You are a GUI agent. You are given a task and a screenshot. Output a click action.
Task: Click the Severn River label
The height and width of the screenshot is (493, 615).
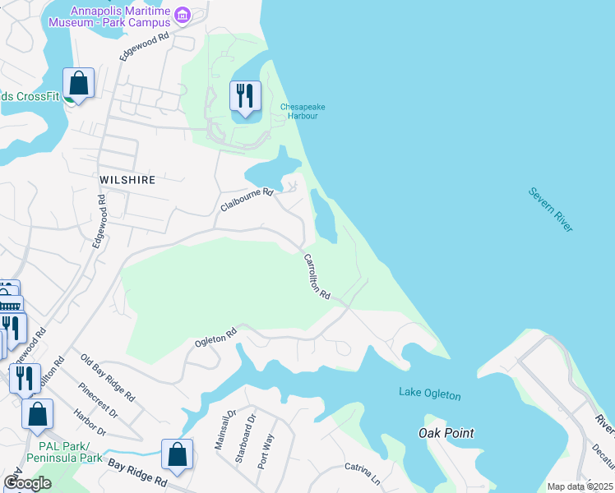pyautogui.click(x=551, y=210)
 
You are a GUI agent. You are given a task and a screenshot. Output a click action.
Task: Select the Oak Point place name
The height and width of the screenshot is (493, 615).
pyautogui.click(x=446, y=432)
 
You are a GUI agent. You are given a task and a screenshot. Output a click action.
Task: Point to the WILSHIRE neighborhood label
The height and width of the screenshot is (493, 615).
pyautogui.click(x=127, y=178)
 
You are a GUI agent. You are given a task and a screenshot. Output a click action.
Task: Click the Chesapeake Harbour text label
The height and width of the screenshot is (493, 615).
pyautogui.click(x=299, y=111)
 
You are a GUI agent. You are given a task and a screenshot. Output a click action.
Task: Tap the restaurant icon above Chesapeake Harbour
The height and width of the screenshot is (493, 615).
pyautogui.click(x=245, y=95)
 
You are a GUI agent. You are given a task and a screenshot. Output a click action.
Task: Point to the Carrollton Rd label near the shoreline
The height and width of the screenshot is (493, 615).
pyautogui.click(x=317, y=276)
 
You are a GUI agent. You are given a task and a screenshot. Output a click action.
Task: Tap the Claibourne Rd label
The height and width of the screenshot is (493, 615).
pyautogui.click(x=246, y=200)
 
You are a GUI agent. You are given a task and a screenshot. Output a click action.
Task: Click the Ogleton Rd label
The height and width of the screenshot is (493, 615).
pyautogui.click(x=215, y=336)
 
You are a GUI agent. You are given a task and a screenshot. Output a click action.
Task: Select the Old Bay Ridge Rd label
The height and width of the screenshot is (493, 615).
pyautogui.click(x=109, y=377)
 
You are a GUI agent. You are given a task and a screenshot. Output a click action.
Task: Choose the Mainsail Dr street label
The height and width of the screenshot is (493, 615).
pyautogui.click(x=220, y=429)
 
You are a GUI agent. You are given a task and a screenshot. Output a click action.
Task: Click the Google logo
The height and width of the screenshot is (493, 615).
pyautogui.click(x=27, y=483)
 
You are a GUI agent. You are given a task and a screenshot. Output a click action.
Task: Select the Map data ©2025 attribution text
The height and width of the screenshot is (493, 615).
pyautogui.click(x=580, y=486)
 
